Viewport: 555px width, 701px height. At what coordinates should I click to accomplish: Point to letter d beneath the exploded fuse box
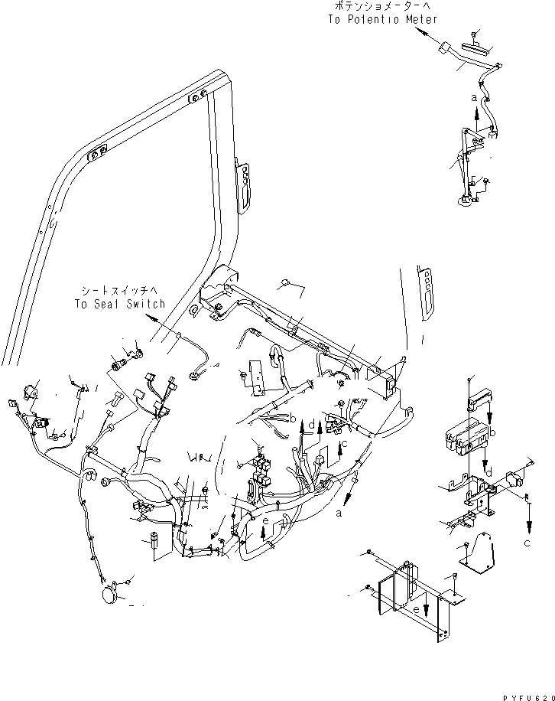point(488,471)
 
